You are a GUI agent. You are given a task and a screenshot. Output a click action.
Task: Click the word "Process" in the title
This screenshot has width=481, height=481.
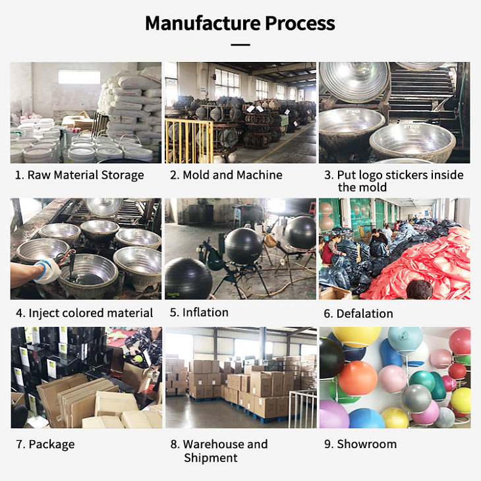coord(300,23)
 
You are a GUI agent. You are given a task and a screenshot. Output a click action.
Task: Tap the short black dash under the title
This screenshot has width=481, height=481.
coord(240,45)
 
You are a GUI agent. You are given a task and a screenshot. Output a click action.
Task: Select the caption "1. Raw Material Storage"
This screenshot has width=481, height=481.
coord(79,175)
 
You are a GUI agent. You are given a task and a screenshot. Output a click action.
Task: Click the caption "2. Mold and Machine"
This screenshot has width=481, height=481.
coord(226,175)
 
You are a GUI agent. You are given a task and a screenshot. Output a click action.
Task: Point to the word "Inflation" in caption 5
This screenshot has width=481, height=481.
coord(206,312)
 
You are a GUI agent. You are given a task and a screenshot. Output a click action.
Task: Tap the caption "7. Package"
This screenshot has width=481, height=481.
coord(45,444)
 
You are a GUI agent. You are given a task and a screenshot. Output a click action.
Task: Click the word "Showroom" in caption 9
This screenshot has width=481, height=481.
coord(367,444)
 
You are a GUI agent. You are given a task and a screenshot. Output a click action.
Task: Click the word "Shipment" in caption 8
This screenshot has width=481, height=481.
coord(211,458)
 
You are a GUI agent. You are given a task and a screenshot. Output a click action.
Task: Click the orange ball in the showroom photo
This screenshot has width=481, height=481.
coord(358,378)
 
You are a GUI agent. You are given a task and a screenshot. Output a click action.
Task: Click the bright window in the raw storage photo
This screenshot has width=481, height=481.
coord(78,77)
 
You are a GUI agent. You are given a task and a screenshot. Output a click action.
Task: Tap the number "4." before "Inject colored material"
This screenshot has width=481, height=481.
coord(20,314)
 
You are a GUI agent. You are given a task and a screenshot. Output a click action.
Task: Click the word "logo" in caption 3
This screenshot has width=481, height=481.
coord(384,175)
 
